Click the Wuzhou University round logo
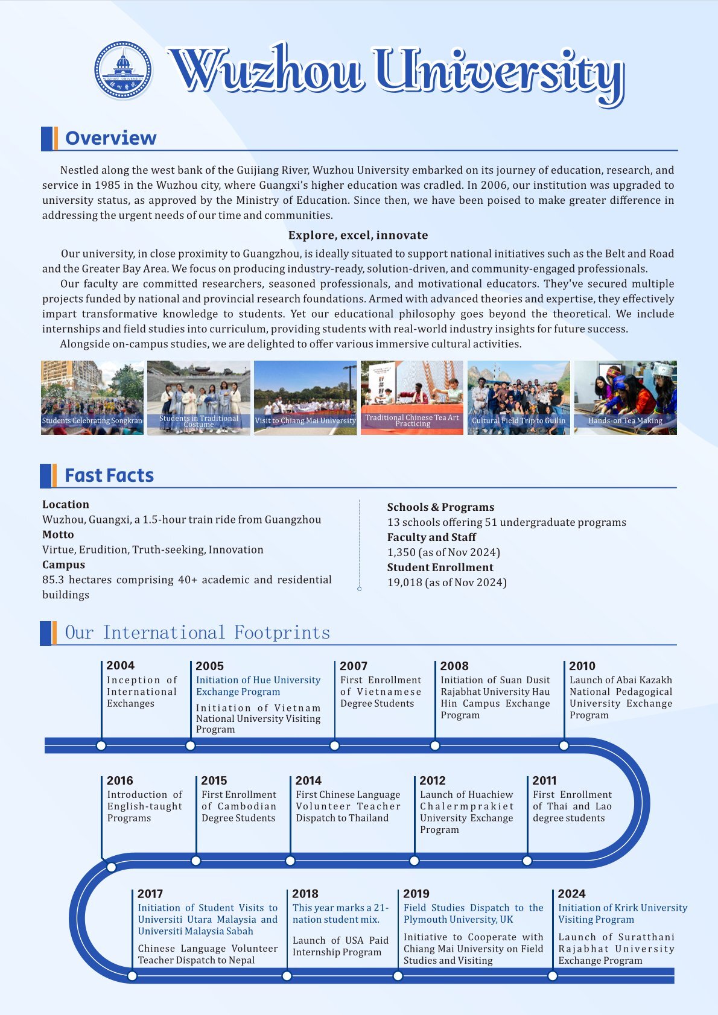click(x=123, y=71)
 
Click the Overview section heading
click(x=110, y=138)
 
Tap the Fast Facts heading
click(x=109, y=475)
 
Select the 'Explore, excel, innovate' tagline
click(x=358, y=235)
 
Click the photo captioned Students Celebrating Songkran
click(x=92, y=397)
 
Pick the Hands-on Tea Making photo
click(x=625, y=397)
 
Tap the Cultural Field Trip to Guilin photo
click(x=519, y=397)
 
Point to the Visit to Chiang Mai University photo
click(x=305, y=397)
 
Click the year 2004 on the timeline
click(x=121, y=665)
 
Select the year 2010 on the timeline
click(x=582, y=666)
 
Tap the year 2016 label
click(x=120, y=780)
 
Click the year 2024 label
click(x=571, y=894)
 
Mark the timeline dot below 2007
click(x=334, y=745)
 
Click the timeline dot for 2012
click(x=414, y=861)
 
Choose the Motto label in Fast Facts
click(x=58, y=534)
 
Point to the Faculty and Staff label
click(x=431, y=537)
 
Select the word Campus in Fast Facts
click(x=63, y=564)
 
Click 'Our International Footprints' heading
click(x=197, y=633)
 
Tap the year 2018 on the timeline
click(x=305, y=894)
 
